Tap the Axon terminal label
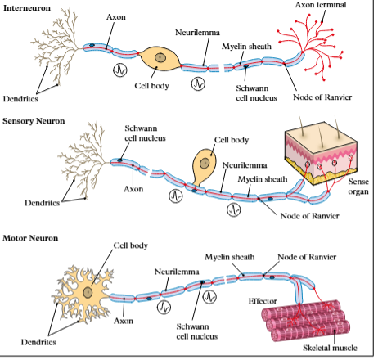click(320, 6)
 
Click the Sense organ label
click(358, 187)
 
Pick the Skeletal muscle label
click(327, 348)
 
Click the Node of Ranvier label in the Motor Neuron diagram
click(307, 257)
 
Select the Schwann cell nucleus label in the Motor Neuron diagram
click(197, 330)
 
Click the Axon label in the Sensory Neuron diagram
click(133, 188)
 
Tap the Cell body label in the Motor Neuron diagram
click(131, 245)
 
